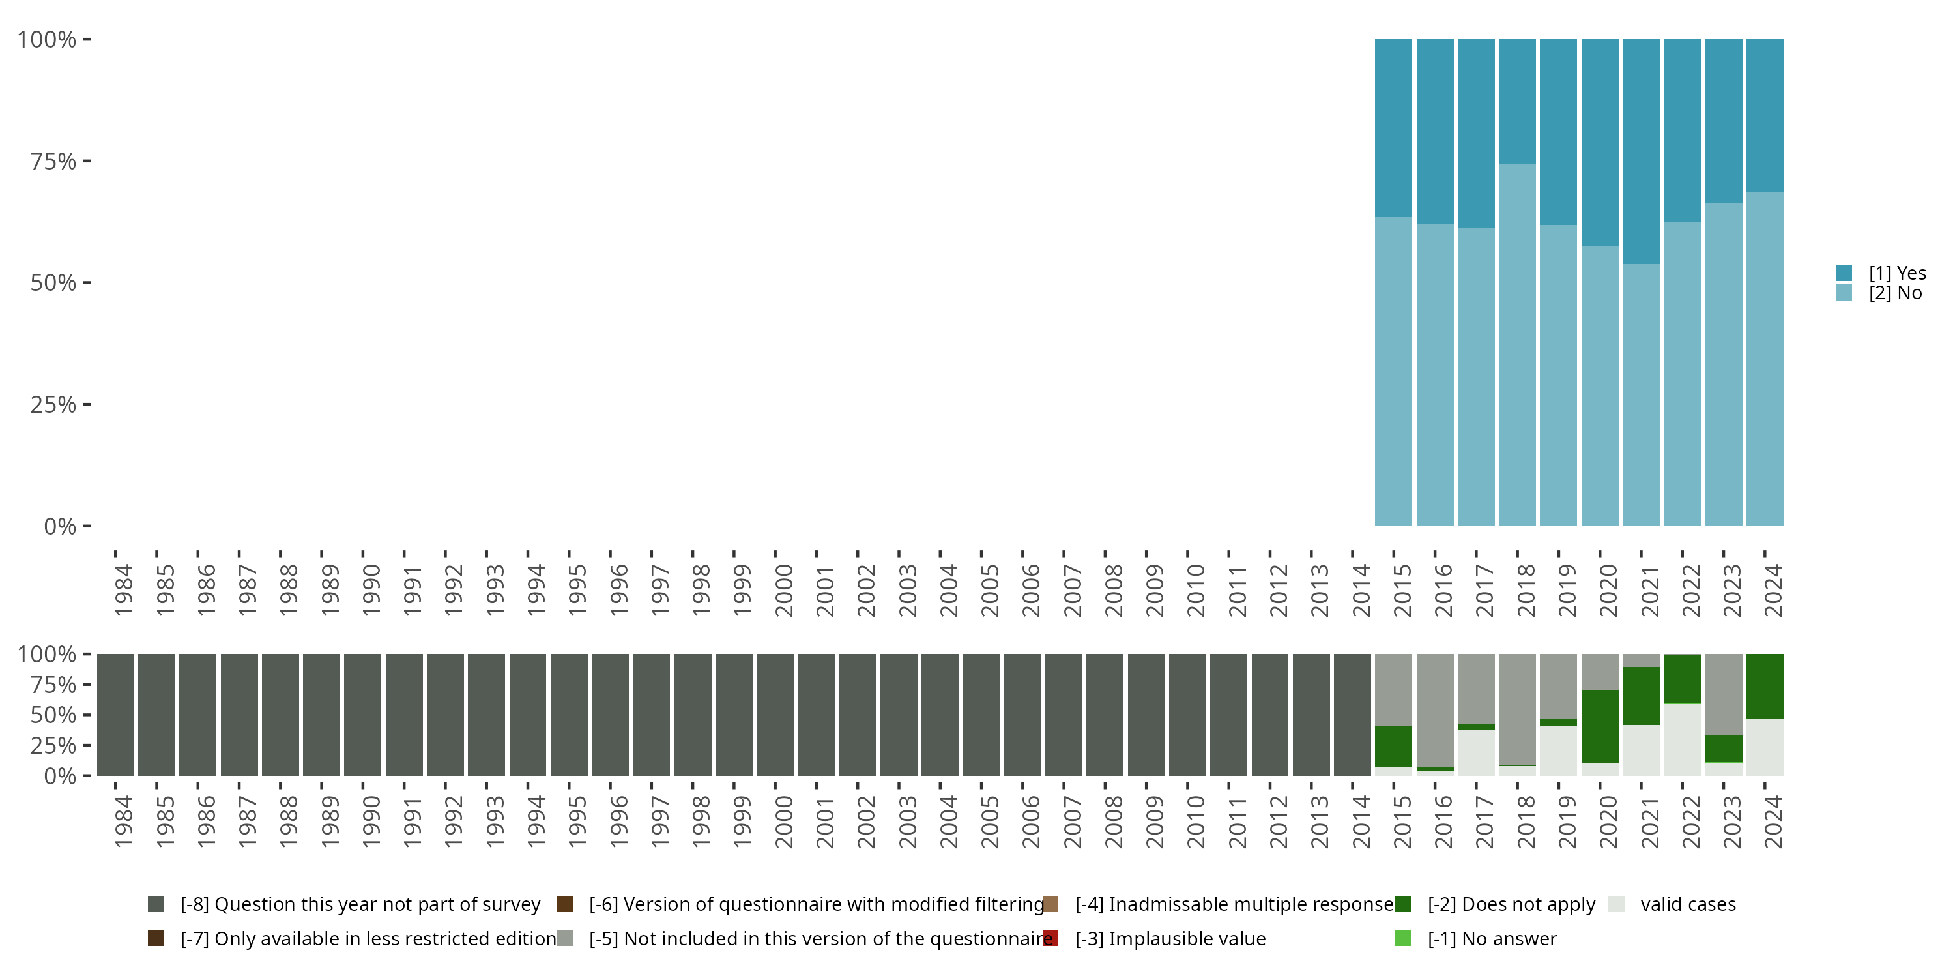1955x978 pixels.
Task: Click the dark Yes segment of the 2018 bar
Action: pos(1517,101)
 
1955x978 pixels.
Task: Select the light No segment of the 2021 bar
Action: pos(1641,395)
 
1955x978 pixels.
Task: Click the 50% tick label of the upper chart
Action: pos(53,283)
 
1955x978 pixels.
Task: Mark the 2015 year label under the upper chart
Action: pos(1402,590)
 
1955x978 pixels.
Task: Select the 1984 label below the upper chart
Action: pos(124,590)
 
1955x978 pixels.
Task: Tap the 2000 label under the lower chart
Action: pos(783,822)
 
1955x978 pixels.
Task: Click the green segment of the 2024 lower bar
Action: pos(1765,686)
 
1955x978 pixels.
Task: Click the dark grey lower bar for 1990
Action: pos(363,715)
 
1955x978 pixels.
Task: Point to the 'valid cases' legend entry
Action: pos(1687,904)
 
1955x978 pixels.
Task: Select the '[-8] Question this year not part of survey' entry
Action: pos(360,904)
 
